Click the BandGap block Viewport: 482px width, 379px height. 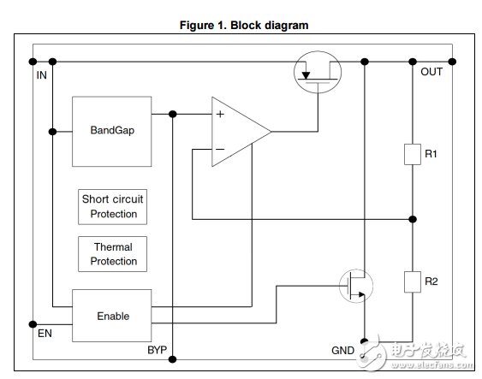(x=111, y=132)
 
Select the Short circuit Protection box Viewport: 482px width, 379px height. (x=112, y=207)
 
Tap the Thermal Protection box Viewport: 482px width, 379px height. (x=112, y=254)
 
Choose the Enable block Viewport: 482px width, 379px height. (x=111, y=316)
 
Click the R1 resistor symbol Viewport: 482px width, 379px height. (x=413, y=154)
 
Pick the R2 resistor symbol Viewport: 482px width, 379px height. (x=413, y=281)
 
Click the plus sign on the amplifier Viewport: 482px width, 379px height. (x=220, y=115)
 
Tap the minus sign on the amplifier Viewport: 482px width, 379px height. (x=220, y=149)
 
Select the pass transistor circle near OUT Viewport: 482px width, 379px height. (x=318, y=51)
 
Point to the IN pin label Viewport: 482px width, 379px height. (x=41, y=75)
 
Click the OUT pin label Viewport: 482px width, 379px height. (x=431, y=72)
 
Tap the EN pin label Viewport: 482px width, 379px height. (x=45, y=334)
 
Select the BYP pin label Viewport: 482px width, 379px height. (x=157, y=350)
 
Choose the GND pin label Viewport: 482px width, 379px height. (x=342, y=351)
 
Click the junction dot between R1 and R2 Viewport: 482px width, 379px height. (x=413, y=219)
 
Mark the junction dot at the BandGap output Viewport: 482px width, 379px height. (x=173, y=115)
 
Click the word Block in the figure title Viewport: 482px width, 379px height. (x=245, y=25)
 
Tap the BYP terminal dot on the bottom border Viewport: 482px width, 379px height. (x=173, y=359)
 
